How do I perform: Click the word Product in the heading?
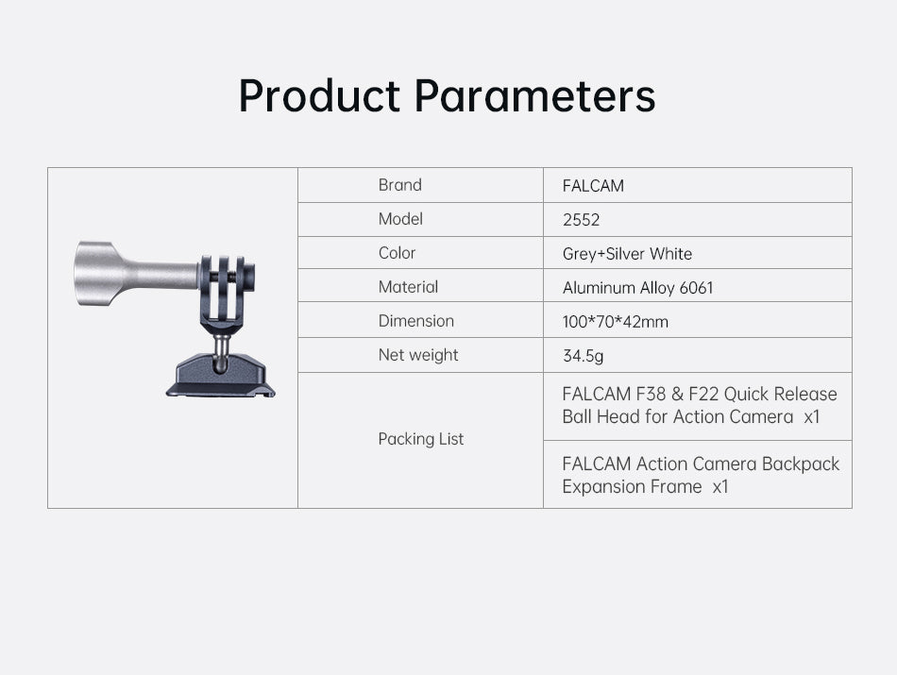[319, 95]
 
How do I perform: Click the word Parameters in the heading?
[534, 95]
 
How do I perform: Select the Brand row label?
[400, 185]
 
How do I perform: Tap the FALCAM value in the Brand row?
[593, 186]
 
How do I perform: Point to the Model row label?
[400, 218]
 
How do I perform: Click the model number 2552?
[581, 220]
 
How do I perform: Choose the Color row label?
[397, 253]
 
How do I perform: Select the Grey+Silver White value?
[627, 254]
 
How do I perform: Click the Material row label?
[408, 287]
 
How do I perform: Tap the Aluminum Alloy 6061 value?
[638, 288]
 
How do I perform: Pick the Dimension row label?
[415, 321]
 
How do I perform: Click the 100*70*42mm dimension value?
[615, 322]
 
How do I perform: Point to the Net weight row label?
[418, 355]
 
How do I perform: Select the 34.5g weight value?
[583, 356]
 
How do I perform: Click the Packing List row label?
[421, 439]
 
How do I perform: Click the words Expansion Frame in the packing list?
[632, 487]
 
